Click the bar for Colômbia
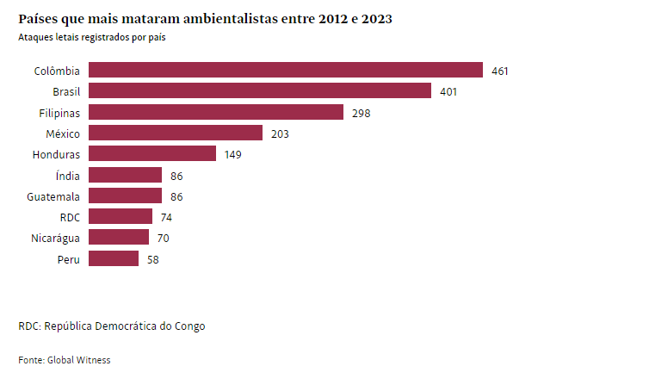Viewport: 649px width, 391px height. (286, 70)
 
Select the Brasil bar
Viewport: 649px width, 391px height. (260, 90)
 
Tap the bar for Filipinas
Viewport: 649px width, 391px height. (216, 112)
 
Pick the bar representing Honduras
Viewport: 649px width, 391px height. (152, 154)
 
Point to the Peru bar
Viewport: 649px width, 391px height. (114, 258)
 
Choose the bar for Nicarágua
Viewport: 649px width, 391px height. (119, 238)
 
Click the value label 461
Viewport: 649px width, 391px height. (500, 71)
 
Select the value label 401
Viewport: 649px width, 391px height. (448, 91)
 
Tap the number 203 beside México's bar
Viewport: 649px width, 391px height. (280, 133)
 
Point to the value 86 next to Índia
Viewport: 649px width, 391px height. (176, 176)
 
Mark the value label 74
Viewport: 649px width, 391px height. (167, 217)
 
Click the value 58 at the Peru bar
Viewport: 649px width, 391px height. (153, 259)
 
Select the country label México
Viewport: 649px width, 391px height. (63, 133)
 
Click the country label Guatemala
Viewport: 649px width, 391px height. (54, 196)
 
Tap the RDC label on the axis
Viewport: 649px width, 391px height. (69, 217)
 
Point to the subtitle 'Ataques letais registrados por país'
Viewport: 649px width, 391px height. (91, 38)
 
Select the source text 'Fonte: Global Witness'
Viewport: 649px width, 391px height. (65, 360)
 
